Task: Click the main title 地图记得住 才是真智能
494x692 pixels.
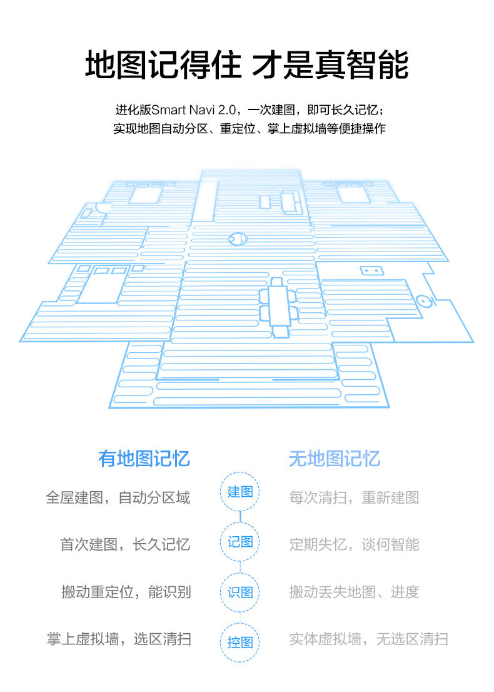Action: point(246,66)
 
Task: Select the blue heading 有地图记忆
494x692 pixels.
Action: point(144,458)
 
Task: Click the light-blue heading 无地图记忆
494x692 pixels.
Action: point(334,458)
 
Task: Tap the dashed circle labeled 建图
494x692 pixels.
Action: point(240,492)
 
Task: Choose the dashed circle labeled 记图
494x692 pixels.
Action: point(240,542)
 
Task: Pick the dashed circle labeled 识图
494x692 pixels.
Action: point(240,592)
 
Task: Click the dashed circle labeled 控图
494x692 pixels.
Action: point(240,642)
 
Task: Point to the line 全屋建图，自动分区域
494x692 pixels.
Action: point(118,498)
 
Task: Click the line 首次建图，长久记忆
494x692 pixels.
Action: point(125,544)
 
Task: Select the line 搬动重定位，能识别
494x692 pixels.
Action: point(126,592)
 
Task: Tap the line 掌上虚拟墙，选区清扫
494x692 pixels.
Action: point(119,639)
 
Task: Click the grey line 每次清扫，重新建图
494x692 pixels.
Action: point(354,498)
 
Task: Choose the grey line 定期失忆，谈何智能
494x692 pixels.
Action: point(354,544)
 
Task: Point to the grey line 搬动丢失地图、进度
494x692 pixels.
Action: point(354,592)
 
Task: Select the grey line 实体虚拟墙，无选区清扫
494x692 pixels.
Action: point(368,639)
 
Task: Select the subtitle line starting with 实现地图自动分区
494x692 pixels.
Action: point(249,130)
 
